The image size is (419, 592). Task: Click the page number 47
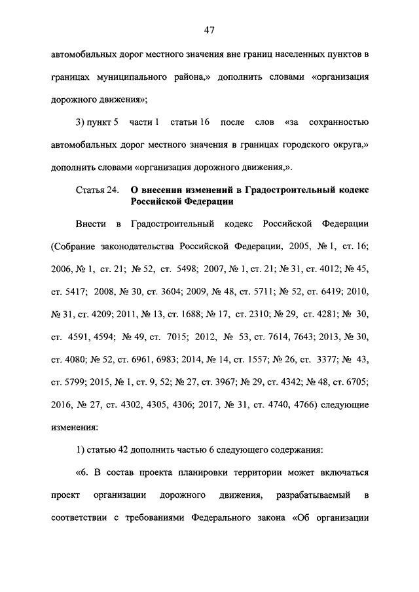(x=209, y=29)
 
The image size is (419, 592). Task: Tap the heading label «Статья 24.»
(x=98, y=190)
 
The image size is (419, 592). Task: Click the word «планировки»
(x=232, y=473)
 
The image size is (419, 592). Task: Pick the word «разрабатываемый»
(x=310, y=495)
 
